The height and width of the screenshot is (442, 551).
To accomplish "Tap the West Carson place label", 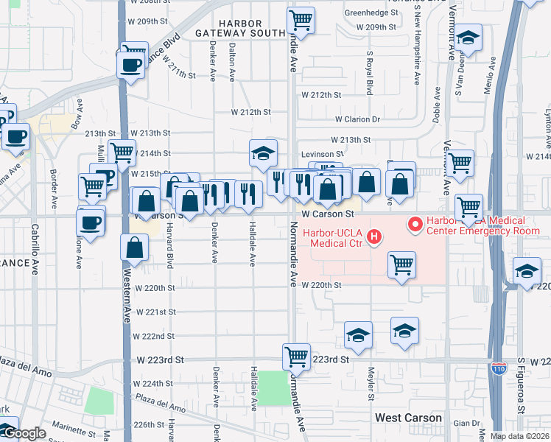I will tap(408, 418).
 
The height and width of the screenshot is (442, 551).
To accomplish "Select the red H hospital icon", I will tap(374, 236).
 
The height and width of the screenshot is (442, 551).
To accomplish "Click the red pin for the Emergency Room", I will tap(415, 222).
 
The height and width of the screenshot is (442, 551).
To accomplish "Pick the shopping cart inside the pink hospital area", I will tap(401, 264).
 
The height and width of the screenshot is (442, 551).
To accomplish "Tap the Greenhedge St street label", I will tap(371, 13).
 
